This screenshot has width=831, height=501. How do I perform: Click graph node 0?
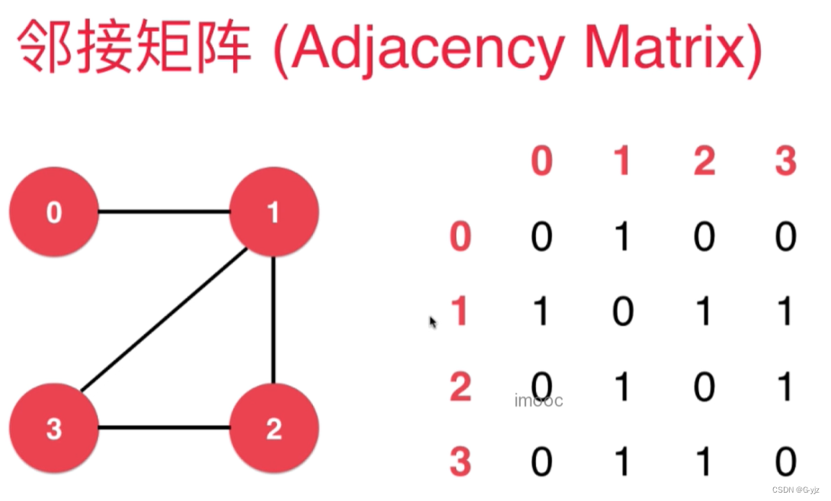point(53,212)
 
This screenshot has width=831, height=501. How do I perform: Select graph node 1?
point(273,212)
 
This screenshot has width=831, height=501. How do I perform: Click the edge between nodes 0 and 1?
point(164,212)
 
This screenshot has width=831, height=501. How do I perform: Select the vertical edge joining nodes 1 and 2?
point(273,320)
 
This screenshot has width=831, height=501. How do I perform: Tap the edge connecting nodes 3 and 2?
point(164,428)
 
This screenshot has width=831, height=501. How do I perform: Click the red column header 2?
point(704,161)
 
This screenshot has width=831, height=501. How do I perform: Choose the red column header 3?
point(785,161)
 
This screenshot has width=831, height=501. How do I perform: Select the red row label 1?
point(459,312)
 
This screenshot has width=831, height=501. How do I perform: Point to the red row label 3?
point(460,462)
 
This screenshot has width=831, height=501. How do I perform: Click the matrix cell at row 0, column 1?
point(622,237)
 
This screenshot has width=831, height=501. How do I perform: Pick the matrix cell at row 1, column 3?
point(785,312)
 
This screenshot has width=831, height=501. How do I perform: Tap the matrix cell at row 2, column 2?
point(704,388)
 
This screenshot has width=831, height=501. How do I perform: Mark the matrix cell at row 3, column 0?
point(541,462)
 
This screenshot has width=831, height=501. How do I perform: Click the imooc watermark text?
point(539,400)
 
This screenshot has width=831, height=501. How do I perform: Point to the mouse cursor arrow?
point(433,322)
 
